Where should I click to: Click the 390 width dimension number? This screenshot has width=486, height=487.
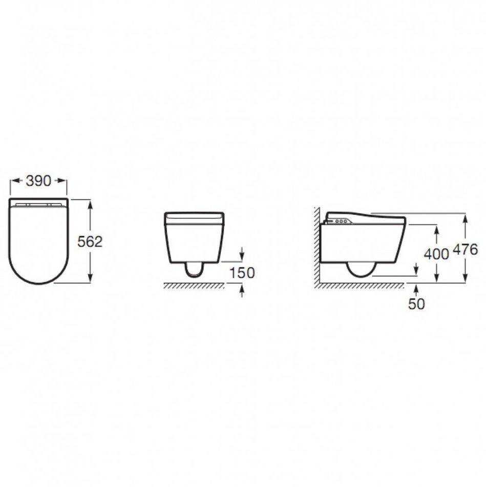(38, 181)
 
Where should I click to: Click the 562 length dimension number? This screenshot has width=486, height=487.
(90, 241)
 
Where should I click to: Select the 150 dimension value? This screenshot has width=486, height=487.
(242, 273)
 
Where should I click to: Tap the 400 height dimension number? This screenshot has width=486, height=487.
(436, 254)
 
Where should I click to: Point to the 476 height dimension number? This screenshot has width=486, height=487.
(466, 250)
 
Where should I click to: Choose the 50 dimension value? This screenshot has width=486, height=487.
(416, 304)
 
